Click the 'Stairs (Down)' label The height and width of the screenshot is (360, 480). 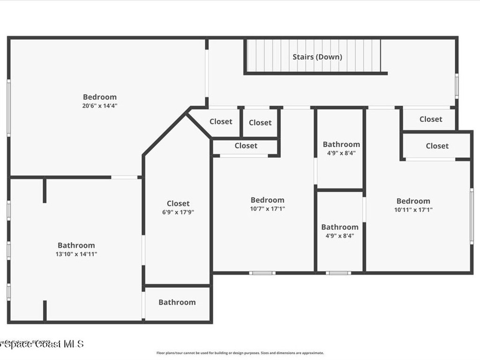(x=317, y=57)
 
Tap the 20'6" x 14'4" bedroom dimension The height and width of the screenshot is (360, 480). (x=99, y=106)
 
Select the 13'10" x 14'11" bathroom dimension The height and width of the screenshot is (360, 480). (x=76, y=254)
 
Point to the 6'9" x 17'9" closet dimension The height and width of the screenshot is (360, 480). (x=178, y=212)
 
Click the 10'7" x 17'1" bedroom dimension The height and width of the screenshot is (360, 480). (x=267, y=209)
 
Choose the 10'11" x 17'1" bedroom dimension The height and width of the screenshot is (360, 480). (x=413, y=210)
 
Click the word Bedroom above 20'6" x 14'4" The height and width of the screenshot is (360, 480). (x=99, y=97)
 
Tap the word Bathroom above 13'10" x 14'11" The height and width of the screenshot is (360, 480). (x=76, y=245)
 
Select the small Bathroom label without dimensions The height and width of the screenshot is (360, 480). (x=177, y=302)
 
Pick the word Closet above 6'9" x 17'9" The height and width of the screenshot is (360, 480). (x=178, y=203)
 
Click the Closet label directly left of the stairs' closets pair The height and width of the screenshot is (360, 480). (x=221, y=121)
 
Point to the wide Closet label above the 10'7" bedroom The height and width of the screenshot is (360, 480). (x=246, y=146)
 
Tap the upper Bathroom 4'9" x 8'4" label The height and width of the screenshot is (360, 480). (x=341, y=144)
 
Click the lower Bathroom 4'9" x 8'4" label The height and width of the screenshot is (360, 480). (x=339, y=227)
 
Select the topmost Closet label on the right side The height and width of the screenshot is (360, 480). (x=430, y=119)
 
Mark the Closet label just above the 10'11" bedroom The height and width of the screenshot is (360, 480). (x=437, y=146)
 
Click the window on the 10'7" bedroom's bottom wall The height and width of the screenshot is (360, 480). (x=262, y=273)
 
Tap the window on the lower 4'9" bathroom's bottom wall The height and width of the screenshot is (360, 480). (x=338, y=273)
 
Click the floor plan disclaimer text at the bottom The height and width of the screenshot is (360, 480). (x=240, y=353)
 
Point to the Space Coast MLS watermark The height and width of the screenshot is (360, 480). (x=42, y=344)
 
